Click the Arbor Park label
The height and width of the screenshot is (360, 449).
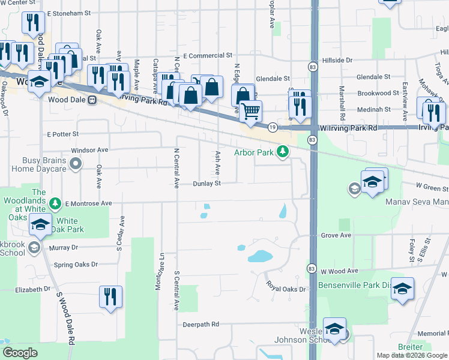point(258,152)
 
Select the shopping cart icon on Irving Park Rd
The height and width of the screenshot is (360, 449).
point(250,110)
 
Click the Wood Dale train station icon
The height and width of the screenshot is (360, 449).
point(92,100)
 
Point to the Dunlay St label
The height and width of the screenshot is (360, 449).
point(207,184)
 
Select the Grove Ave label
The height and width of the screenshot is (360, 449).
point(336,235)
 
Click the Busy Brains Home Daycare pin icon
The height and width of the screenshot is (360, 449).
point(75,163)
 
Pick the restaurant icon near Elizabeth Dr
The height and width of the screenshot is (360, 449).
point(110,296)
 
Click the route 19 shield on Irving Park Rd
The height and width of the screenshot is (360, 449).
point(273,127)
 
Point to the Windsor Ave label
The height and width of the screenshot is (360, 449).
point(89,149)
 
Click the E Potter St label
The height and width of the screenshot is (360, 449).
point(63,134)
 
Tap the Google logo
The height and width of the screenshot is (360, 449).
point(20,353)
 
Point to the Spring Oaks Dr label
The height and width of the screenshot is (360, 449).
point(76,264)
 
